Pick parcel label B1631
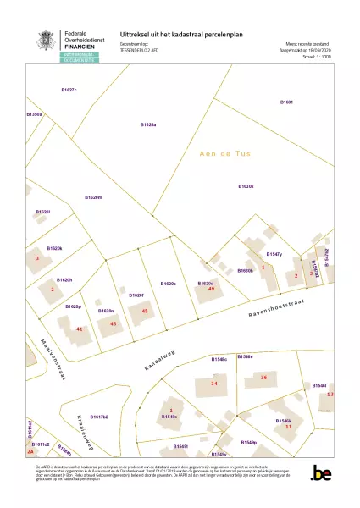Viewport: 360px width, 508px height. [x=286, y=102]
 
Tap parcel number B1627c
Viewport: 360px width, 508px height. [x=69, y=89]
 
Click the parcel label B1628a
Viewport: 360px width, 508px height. [x=148, y=124]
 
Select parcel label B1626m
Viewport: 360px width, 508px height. [x=93, y=196]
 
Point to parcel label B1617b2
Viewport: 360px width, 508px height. [x=99, y=417]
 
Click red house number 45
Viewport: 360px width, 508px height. [x=145, y=312]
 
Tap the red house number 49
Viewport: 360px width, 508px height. [x=211, y=290]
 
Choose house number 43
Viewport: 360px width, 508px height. [x=114, y=323]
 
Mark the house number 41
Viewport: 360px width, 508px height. [x=80, y=329]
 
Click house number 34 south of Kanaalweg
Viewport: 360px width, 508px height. [x=214, y=384]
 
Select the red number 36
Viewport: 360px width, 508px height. [x=263, y=377]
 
